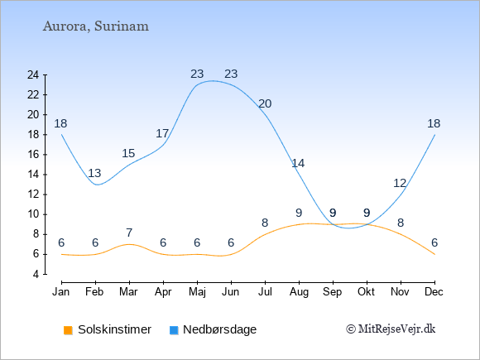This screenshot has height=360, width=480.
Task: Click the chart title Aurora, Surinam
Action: click(96, 26)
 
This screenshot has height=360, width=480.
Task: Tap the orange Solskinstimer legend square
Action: click(68, 330)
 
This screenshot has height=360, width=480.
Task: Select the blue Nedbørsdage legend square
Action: click(174, 330)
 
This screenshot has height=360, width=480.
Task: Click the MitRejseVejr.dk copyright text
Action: click(391, 329)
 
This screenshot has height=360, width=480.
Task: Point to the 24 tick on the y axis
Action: click(33, 74)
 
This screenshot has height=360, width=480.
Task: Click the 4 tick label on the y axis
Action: click(36, 274)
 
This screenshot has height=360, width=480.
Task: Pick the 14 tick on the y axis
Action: click(33, 175)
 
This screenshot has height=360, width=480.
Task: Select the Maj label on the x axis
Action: click(197, 292)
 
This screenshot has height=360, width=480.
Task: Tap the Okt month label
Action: click(366, 292)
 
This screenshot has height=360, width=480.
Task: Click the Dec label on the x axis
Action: click(434, 292)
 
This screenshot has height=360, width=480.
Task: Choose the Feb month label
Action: click(94, 292)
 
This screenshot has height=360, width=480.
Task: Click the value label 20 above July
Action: click(265, 103)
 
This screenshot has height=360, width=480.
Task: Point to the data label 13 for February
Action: click(94, 173)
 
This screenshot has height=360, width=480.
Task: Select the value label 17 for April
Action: click(162, 133)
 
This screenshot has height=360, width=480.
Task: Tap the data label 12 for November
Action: click(400, 184)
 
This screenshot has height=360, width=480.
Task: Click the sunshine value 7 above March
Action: click(129, 233)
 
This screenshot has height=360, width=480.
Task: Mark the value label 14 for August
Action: click(298, 164)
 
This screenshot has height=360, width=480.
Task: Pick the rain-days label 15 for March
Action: click(128, 153)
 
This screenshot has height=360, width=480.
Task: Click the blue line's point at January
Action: click(61, 134)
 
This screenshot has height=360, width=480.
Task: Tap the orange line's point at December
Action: click(434, 254)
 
